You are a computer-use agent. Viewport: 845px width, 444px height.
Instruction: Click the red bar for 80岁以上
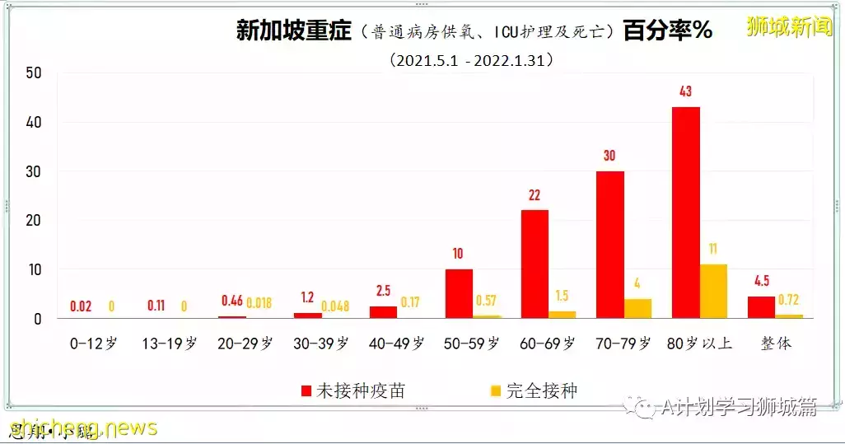(685, 213)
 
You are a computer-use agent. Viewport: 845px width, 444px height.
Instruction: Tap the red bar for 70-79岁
(609, 245)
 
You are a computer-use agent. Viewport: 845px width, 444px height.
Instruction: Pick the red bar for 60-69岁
(535, 264)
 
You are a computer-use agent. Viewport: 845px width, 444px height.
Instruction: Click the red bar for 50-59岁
(459, 293)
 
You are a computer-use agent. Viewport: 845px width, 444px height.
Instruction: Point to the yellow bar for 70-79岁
(637, 308)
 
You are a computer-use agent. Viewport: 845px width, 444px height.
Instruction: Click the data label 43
(685, 91)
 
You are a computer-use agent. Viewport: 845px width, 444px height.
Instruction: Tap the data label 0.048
(334, 306)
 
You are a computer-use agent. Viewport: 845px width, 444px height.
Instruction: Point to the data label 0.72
(789, 300)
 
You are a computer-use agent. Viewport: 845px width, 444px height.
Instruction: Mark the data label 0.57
(486, 300)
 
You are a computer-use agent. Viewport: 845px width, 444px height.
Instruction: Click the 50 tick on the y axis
(33, 73)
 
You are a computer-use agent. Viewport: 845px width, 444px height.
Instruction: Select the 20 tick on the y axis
(33, 221)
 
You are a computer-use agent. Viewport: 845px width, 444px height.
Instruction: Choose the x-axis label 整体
(775, 344)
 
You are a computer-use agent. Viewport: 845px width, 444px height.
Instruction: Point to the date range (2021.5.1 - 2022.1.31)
(472, 60)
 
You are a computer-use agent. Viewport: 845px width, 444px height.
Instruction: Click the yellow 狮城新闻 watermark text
(790, 27)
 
